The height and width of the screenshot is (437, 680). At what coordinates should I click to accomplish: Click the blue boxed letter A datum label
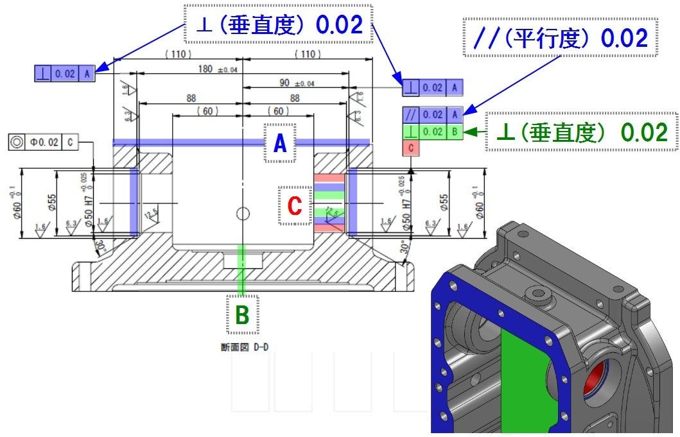pos(280,144)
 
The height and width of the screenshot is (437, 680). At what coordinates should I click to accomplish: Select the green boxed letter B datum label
pos(242,314)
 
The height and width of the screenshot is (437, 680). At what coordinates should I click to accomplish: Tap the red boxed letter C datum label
pos(294,205)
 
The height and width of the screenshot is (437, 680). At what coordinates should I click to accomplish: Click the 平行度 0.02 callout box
pos(560,39)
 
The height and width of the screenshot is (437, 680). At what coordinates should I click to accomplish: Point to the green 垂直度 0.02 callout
pos(582,132)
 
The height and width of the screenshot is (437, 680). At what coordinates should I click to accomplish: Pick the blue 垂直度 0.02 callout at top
pos(278,24)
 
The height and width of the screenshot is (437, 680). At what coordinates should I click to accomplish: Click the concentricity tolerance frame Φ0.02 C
pos(44,142)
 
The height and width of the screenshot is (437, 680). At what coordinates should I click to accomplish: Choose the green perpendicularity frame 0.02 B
pos(432,132)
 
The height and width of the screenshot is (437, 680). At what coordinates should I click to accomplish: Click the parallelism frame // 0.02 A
pos(432,115)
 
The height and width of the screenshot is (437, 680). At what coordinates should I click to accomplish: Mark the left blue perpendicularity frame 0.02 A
pos(65,74)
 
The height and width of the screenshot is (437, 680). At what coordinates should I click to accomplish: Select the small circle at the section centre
pos(242,213)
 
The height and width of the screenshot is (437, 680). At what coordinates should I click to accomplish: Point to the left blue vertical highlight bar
pos(134,201)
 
